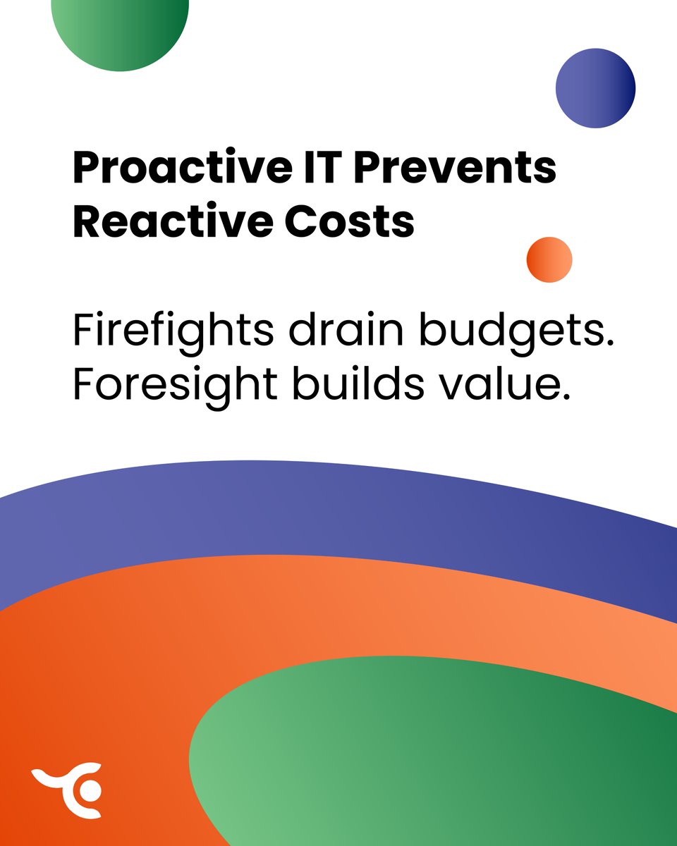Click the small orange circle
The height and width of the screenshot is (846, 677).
coord(549,259)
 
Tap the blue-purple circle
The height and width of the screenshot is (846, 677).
coord(595,88)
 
